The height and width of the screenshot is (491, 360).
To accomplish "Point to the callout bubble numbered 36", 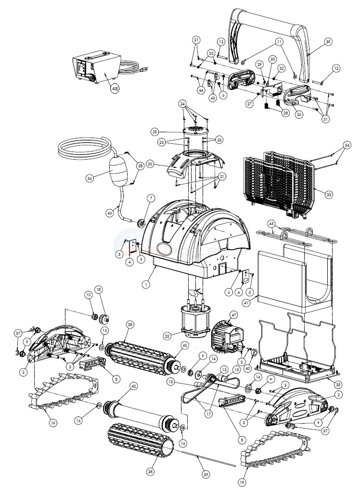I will pyautogui.click(x=89, y=178).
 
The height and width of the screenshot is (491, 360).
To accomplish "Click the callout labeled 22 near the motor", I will pyautogui.click(x=180, y=336).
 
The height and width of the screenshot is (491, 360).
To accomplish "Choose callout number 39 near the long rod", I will pyautogui.click(x=206, y=475).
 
